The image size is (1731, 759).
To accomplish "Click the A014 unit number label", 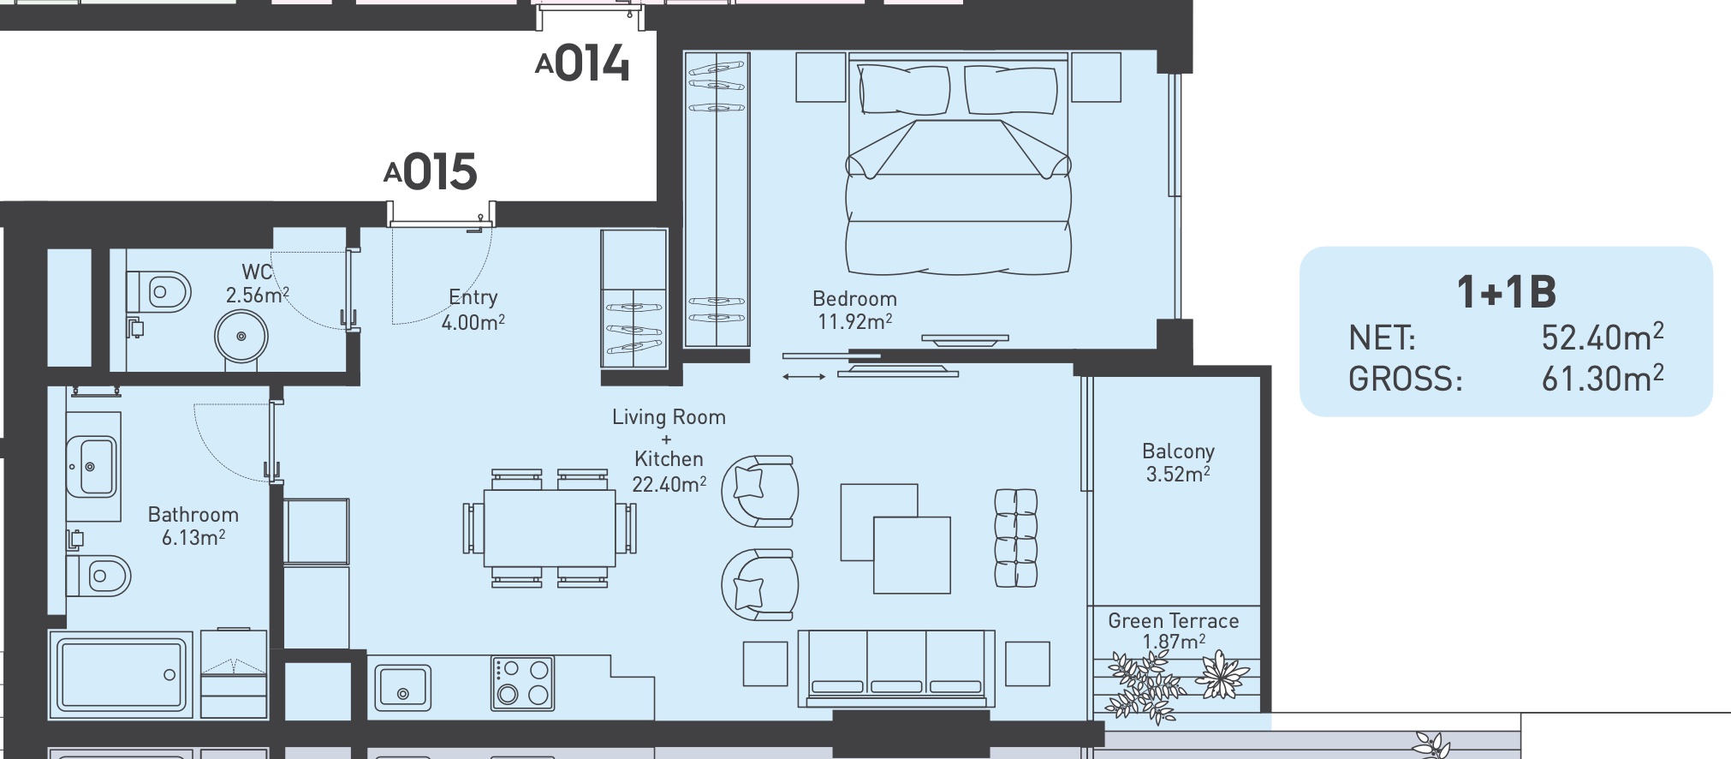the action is [582, 63].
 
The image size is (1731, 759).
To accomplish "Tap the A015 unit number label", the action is [431, 171].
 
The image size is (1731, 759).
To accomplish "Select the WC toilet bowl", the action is [158, 292].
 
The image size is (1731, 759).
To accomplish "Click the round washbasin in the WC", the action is [241, 337].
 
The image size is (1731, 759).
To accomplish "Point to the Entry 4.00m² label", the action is [473, 309].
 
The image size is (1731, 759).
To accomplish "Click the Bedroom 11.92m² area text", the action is [854, 310].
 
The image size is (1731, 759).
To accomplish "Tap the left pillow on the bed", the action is [904, 89].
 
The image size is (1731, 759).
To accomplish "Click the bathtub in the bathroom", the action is [121, 675].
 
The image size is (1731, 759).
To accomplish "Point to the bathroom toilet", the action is [99, 576].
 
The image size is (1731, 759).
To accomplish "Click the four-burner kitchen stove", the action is [522, 683].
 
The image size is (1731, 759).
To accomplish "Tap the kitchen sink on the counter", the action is [402, 688].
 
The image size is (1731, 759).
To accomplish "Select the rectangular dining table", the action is [550, 528].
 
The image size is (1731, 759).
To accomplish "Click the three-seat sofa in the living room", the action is [896, 668].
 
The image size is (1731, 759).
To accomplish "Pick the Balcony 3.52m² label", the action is [1178, 463].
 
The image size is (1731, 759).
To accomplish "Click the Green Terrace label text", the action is [1173, 621].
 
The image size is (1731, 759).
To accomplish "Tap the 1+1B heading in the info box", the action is [1506, 292].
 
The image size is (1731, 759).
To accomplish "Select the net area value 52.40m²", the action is [1603, 338].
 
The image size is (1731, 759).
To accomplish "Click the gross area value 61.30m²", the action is [1603, 378].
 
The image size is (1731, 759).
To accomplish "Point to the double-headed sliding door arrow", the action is [804, 376].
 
